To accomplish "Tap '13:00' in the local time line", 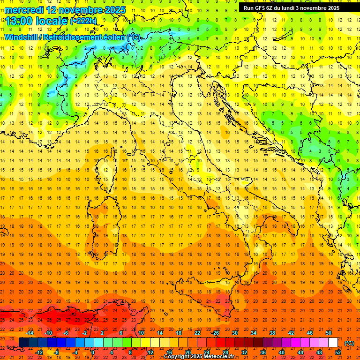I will tap(18, 21).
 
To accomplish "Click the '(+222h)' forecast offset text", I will tap(83, 21).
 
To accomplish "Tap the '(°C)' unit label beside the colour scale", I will tap(349, 343).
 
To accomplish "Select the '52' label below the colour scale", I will tap(338, 352).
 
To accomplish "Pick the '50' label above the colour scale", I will tap(329, 333).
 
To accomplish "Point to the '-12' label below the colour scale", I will tap(39, 352).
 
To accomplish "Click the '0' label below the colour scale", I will tap(93, 352).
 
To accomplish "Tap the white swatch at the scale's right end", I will tap(333, 343).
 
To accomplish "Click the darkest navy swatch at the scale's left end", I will tap(24, 343).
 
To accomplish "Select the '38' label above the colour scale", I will tap(272, 333).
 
